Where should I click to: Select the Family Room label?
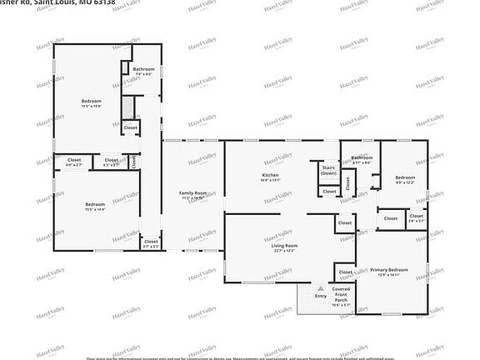[x=192, y=193]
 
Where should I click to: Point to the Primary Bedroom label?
[x=389, y=270]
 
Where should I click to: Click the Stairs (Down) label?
[x=329, y=170]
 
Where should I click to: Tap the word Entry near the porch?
[x=320, y=296]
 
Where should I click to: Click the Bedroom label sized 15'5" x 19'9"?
[x=90, y=102]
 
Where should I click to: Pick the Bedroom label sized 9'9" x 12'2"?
[x=405, y=177]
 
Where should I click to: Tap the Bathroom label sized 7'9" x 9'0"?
[x=143, y=69]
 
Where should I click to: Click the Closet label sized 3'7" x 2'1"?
[x=151, y=244]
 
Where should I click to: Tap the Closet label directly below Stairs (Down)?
[x=329, y=191]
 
